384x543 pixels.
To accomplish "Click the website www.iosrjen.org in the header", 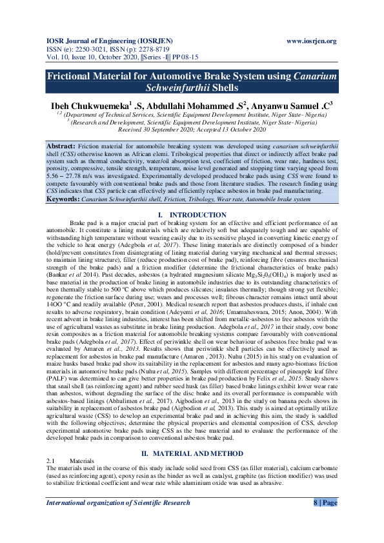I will pyautogui.click(x=311, y=41).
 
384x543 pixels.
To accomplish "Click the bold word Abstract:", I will pyautogui.click(x=62, y=148).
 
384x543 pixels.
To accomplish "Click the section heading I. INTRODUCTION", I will pyautogui.click(x=192, y=214).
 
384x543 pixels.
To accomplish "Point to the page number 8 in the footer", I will pyautogui.click(x=316, y=502).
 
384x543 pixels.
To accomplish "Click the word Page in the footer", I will pyautogui.click(x=329, y=502).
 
